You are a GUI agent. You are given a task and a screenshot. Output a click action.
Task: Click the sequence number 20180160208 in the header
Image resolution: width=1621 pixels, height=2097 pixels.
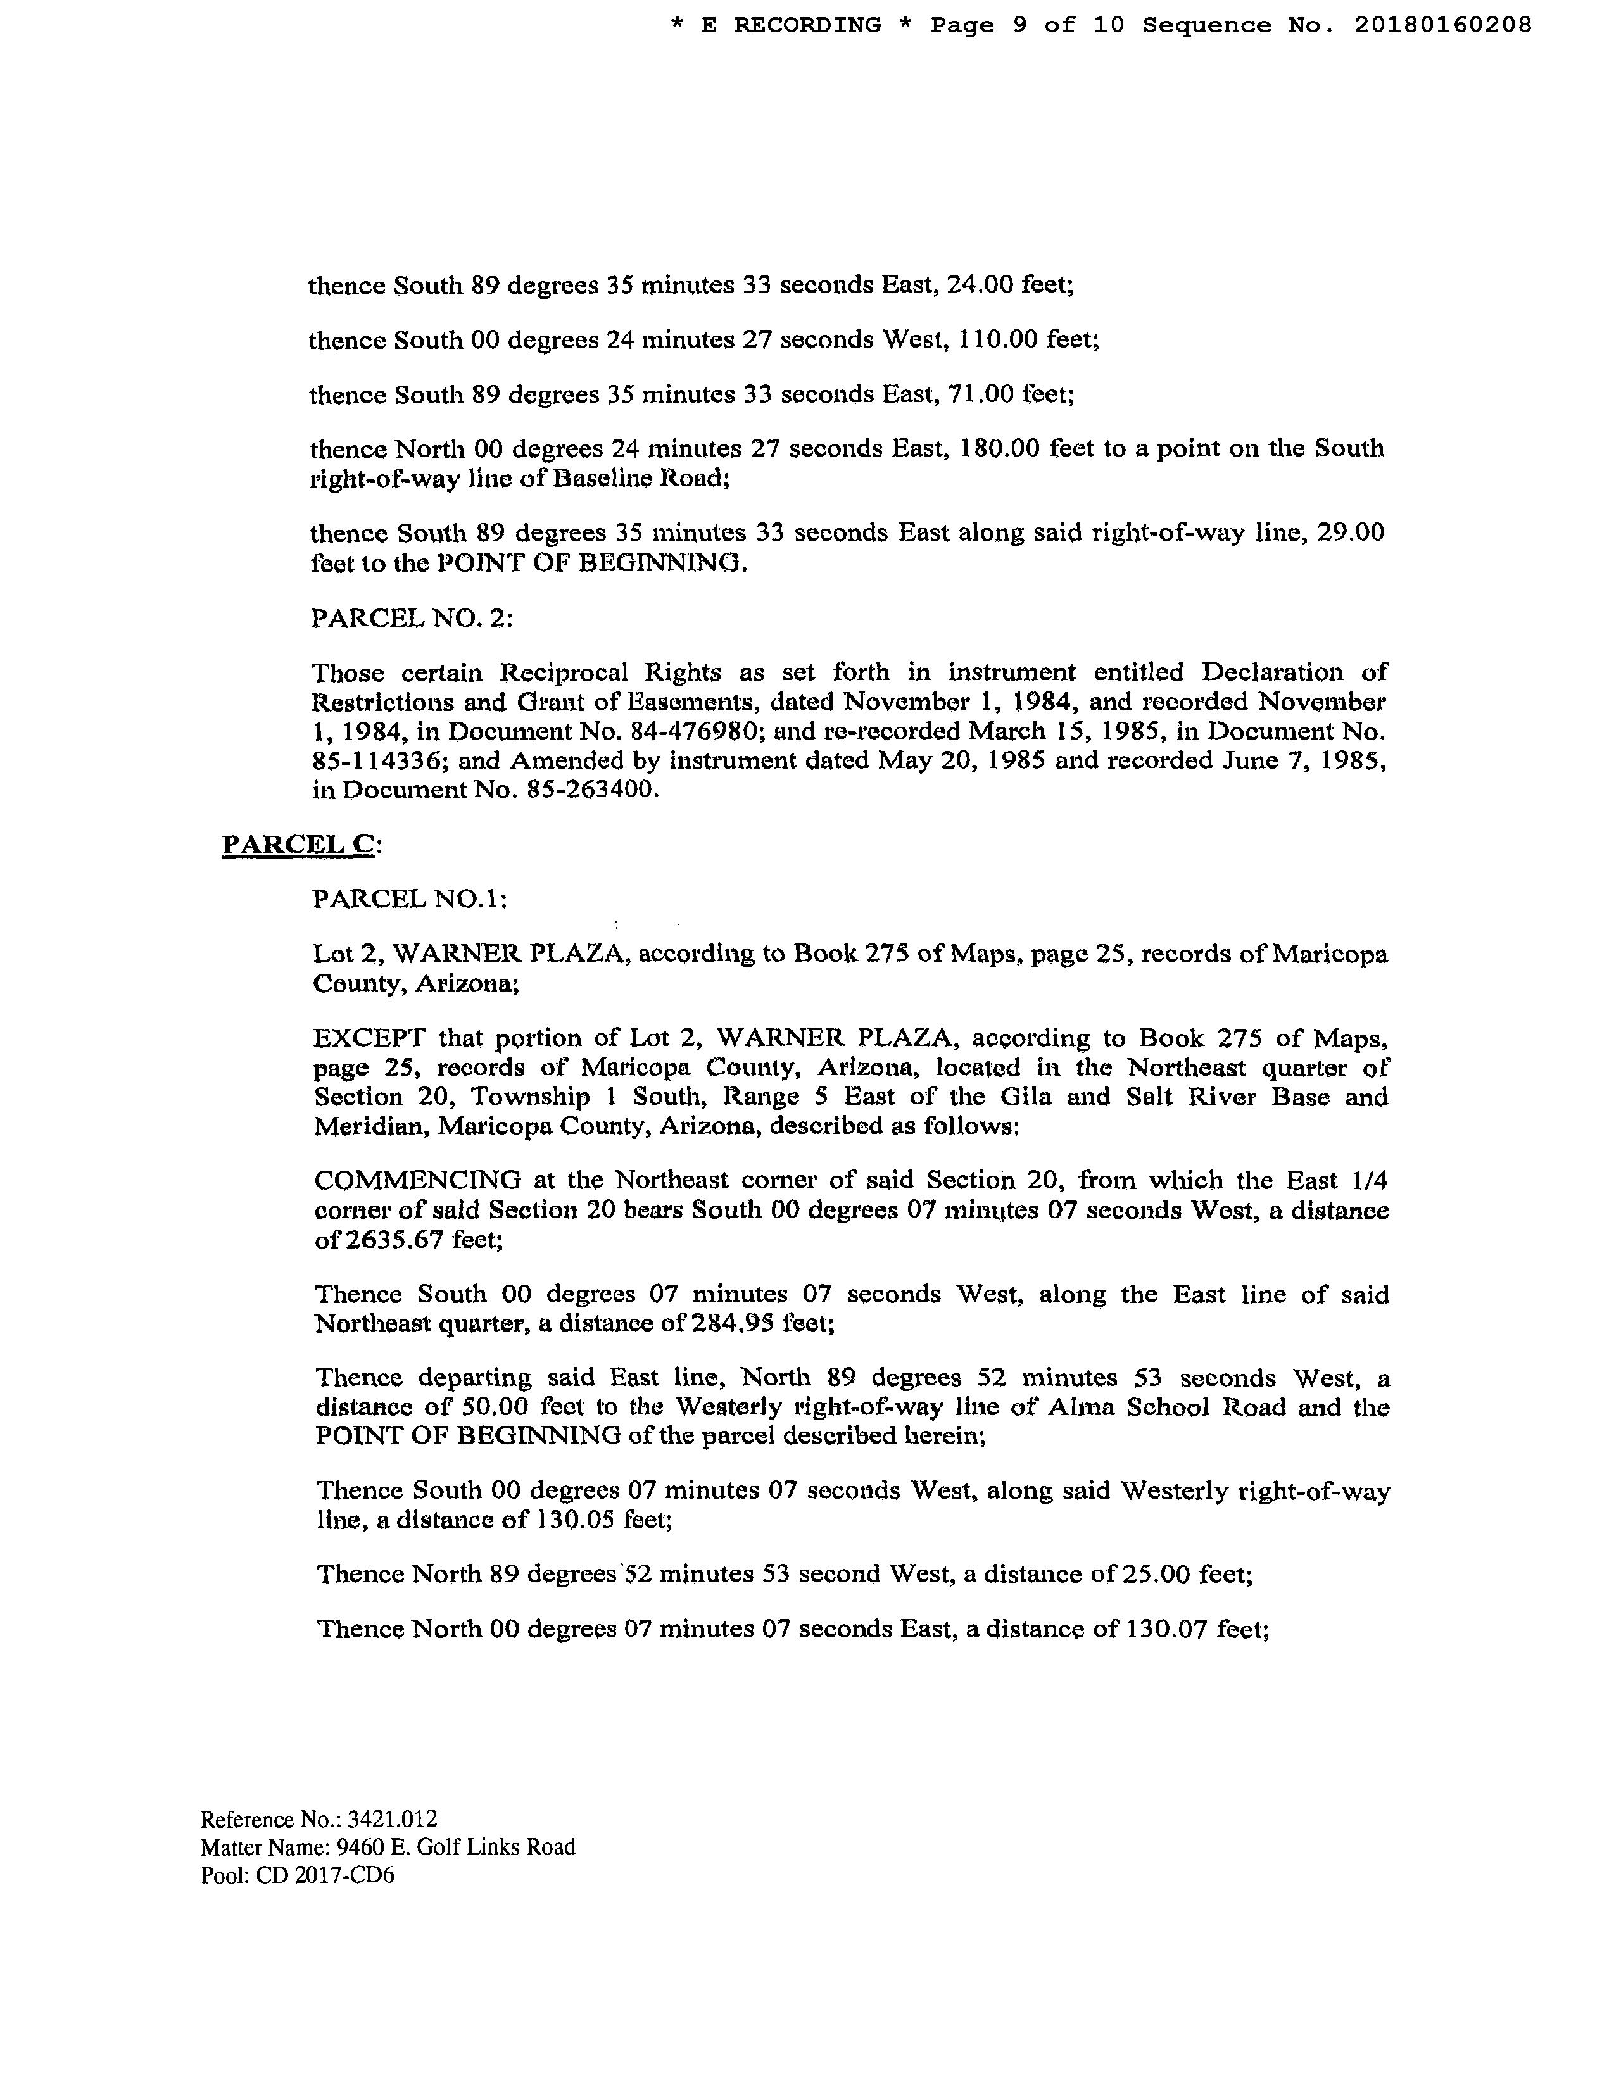click(1442, 25)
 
